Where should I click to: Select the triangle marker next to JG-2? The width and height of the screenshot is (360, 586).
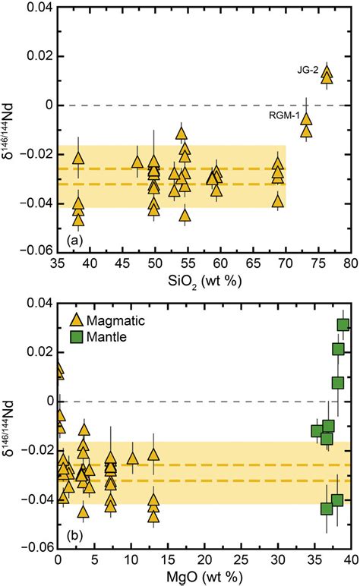(x=327, y=74)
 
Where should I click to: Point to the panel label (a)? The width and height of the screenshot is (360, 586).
(x=73, y=241)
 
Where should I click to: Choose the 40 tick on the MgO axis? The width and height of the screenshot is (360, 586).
(x=349, y=559)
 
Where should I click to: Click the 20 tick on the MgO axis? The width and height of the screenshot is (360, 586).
(x=204, y=559)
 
